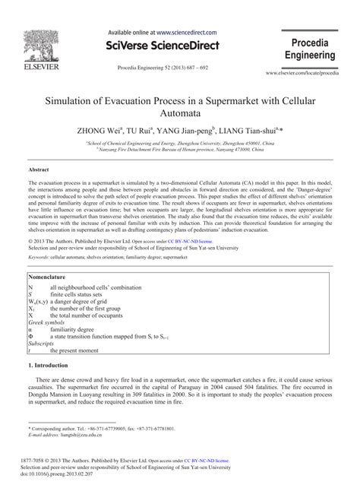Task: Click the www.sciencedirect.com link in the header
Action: coord(187,33)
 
